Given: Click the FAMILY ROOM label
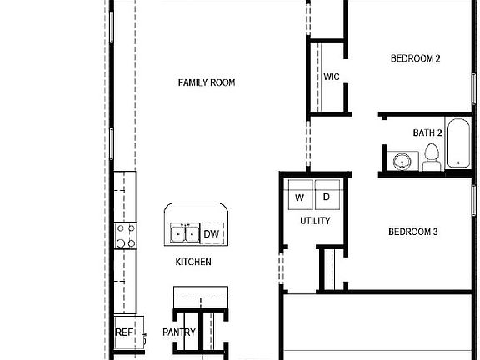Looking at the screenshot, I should coord(206,82).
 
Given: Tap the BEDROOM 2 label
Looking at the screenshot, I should coord(415,58).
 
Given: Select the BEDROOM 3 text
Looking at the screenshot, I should coord(413,232).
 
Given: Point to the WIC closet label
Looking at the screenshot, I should coord(332,77).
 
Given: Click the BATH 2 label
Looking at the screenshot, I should coord(427,133).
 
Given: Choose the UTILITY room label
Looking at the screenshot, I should coord(315,221).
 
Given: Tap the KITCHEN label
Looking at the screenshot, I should coord(192,262).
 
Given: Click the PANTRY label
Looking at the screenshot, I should coord(179,332).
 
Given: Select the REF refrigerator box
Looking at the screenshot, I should coord(124,332).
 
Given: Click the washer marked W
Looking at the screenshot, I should coord(299,197).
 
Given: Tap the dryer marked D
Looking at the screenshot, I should coord(327,197).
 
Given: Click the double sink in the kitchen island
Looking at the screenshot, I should coord(184,232).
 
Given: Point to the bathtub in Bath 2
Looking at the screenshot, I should coord(457,144).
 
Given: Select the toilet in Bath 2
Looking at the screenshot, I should coord(431,157).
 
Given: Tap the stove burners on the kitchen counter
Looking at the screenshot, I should coord(125,236).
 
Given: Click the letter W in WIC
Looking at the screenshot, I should coord(327,77).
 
